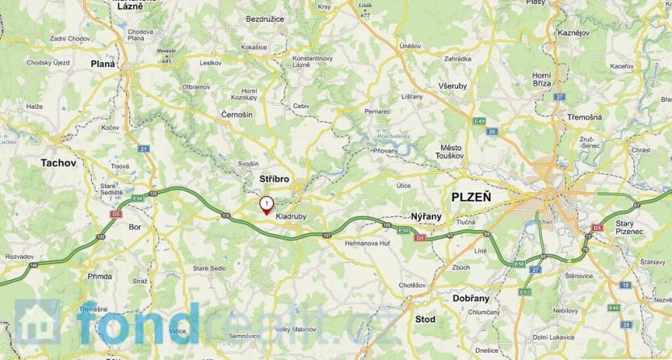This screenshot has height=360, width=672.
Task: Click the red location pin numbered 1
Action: [266, 204]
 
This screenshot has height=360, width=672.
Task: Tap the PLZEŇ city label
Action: [472, 197]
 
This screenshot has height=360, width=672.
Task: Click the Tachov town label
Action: [58, 163]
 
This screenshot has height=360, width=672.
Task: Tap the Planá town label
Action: [103, 63]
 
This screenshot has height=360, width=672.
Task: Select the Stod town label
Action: [425, 320]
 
